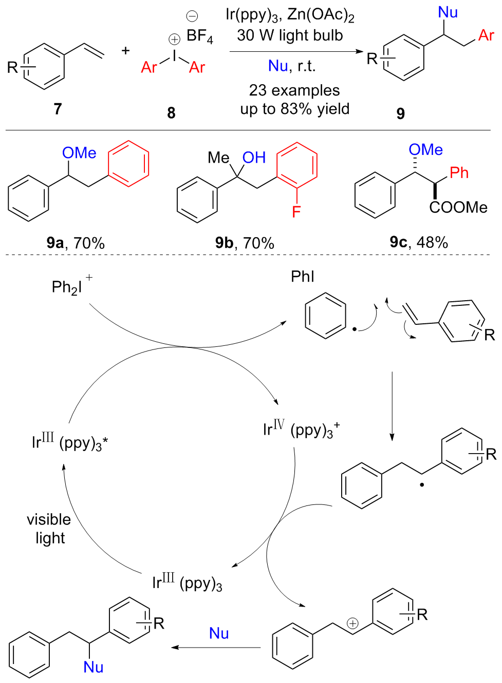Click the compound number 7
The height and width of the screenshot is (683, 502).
(58, 109)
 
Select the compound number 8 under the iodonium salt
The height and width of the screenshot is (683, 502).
(171, 113)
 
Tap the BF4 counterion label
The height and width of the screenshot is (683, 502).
(199, 36)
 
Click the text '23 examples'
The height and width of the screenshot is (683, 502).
(294, 90)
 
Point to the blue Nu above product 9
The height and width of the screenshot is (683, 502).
(448, 12)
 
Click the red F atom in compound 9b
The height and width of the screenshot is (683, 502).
(296, 211)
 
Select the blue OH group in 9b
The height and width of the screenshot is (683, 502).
(254, 158)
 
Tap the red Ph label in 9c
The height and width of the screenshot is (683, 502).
(459, 173)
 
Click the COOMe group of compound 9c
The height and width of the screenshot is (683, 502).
(458, 207)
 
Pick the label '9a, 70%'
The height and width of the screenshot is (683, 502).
(76, 243)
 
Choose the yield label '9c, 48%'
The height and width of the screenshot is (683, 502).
(419, 242)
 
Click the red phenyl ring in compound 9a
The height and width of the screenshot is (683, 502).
(128, 163)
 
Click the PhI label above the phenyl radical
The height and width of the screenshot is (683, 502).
(302, 277)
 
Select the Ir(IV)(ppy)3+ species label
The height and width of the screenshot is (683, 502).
(301, 428)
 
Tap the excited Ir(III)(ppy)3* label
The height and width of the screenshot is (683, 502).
(69, 441)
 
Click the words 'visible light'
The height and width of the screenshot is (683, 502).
(49, 529)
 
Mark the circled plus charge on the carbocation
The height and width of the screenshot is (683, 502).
(352, 623)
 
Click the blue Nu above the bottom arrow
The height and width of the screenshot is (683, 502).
(219, 634)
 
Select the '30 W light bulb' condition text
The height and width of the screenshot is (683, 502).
(290, 35)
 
